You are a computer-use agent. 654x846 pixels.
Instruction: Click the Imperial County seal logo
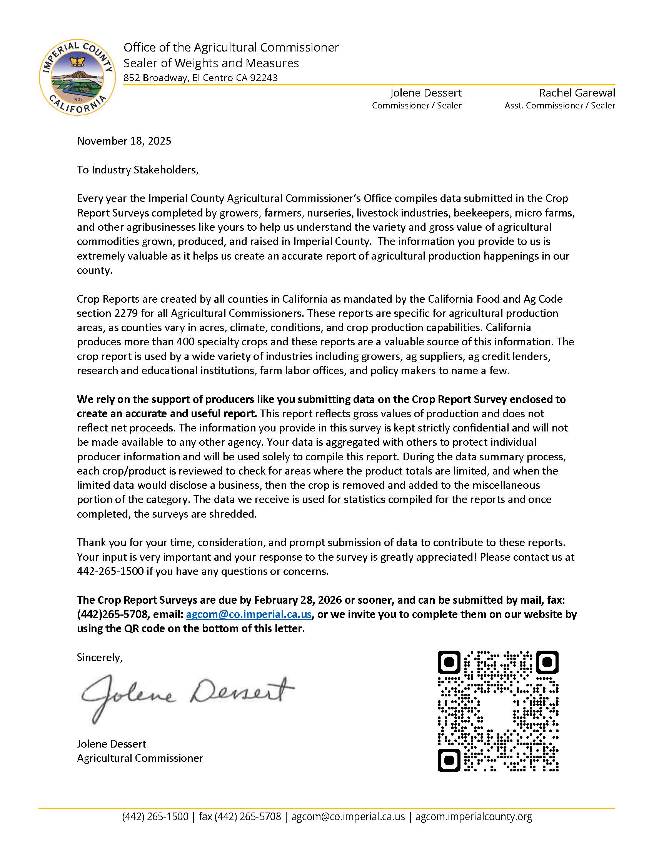(77, 77)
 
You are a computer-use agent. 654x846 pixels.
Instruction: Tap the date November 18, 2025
(124, 141)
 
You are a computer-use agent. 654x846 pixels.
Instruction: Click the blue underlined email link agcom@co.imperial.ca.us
(249, 615)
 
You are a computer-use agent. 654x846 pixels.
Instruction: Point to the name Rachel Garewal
(577, 93)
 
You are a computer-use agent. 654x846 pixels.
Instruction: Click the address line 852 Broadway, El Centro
(200, 78)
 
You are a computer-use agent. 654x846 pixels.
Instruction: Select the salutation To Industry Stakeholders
(138, 170)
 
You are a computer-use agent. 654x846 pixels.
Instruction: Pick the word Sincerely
(100, 657)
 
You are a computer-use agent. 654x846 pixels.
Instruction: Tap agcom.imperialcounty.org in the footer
(474, 817)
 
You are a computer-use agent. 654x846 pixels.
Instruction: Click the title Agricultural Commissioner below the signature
(140, 758)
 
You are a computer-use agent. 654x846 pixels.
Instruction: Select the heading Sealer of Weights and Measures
(211, 63)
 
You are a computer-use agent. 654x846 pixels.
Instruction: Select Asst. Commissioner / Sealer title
(559, 105)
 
